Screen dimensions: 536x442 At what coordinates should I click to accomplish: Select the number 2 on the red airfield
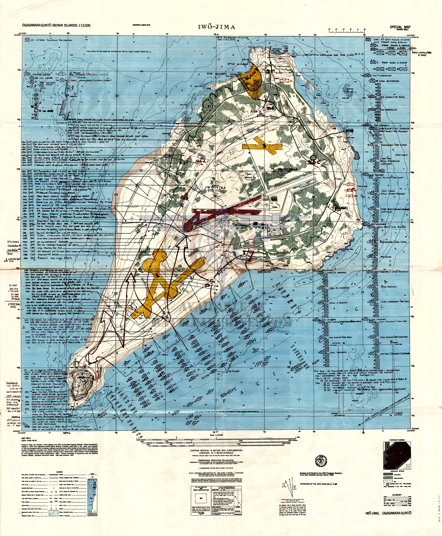tap(229, 210)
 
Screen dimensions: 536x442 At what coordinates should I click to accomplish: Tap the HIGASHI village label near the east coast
tap(341, 208)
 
